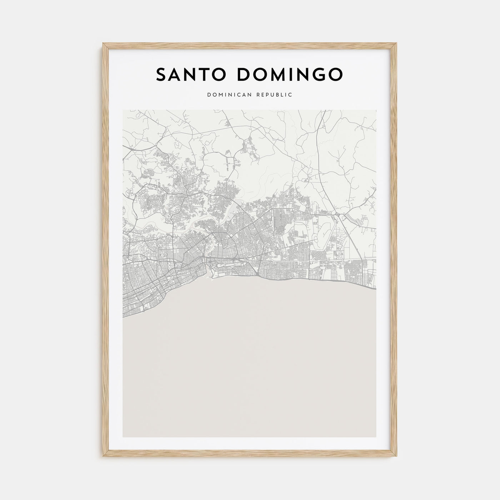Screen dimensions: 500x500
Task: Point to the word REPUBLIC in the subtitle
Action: (276, 95)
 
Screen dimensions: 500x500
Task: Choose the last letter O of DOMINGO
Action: (336, 74)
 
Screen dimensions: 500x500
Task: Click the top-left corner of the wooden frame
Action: (103, 44)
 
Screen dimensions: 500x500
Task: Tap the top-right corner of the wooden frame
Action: (397, 44)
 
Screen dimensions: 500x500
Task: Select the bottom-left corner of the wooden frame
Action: (103, 457)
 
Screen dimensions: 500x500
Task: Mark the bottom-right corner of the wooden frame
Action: (397, 457)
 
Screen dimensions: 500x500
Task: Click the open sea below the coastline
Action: (250, 357)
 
